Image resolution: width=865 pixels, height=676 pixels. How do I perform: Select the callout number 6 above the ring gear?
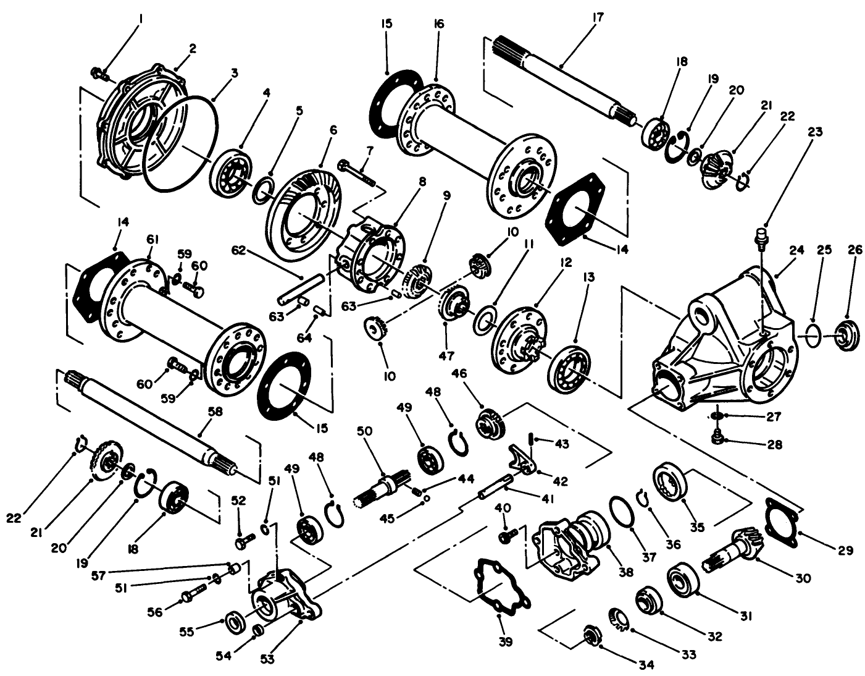click(x=333, y=130)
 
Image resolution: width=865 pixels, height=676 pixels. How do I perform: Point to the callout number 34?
click(x=646, y=664)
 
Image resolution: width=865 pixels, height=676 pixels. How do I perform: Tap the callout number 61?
click(x=151, y=239)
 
